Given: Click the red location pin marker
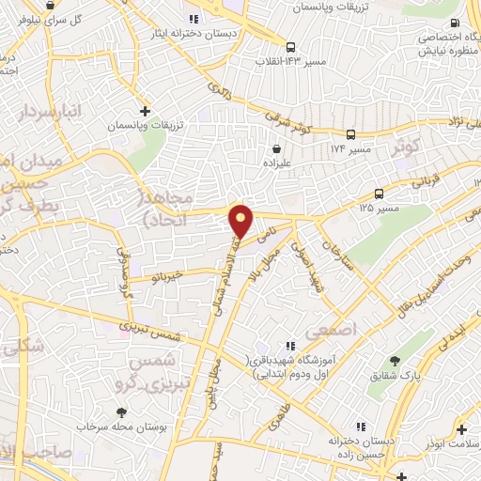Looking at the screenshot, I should pyautogui.click(x=242, y=221).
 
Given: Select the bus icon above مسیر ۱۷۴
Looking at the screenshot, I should pyautogui.click(x=350, y=134).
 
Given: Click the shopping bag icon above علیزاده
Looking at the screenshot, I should pyautogui.click(x=276, y=147).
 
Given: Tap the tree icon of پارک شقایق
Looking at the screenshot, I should pyautogui.click(x=395, y=362).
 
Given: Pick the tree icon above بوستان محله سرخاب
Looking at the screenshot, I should pyautogui.click(x=121, y=411).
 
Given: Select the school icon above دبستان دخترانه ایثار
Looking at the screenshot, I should pyautogui.click(x=193, y=18).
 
